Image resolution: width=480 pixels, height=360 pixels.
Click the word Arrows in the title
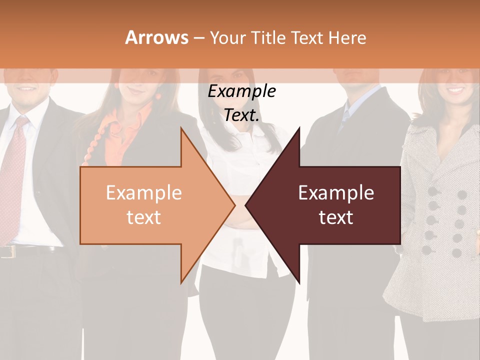coord(157,37)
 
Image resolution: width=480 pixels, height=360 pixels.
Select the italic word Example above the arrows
coord(241,91)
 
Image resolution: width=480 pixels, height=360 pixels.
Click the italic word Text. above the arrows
coord(241,115)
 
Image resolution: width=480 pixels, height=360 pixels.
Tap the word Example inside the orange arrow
coord(144,193)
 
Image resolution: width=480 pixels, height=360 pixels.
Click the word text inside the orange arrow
coord(144,217)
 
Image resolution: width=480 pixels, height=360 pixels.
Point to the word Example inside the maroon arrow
coord(336,193)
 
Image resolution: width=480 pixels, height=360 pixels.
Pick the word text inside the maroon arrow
coord(336,217)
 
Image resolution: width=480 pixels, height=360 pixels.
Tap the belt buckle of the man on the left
coord(6,251)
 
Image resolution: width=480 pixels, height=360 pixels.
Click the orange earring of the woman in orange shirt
coord(158,95)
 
